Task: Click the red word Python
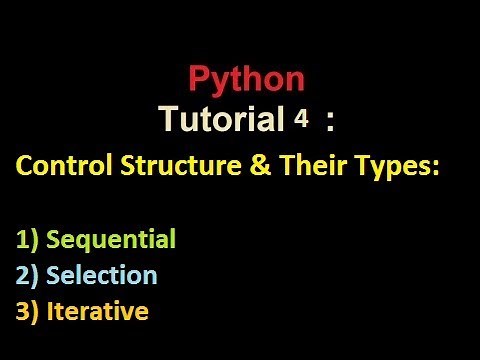click(x=246, y=81)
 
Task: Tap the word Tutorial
click(x=221, y=121)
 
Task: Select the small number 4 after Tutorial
click(x=299, y=120)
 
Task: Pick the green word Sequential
click(x=111, y=240)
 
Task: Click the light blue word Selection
click(x=102, y=275)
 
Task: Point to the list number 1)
click(x=27, y=240)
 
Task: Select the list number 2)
click(x=27, y=275)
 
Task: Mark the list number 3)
click(x=27, y=311)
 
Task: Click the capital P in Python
click(x=198, y=80)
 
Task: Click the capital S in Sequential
click(x=54, y=240)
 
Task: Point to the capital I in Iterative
click(x=50, y=311)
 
